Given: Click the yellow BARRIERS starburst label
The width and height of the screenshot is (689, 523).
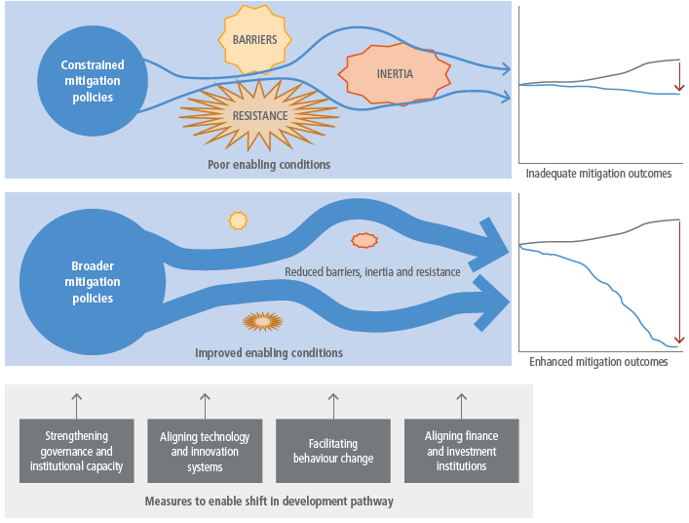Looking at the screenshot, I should [254, 40].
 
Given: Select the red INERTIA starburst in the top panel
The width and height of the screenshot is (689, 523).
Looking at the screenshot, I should [395, 74].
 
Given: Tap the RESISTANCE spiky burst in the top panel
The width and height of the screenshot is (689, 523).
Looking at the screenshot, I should [260, 115].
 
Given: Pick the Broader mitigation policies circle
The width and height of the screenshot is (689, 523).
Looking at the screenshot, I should [92, 283].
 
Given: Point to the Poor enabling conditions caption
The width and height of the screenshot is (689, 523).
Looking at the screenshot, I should [269, 164].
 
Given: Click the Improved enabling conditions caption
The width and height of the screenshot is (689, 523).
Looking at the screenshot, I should [269, 352].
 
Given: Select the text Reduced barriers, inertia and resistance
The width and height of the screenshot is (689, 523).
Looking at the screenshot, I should [372, 271].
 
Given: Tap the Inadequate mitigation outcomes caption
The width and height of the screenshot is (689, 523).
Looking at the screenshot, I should [598, 174].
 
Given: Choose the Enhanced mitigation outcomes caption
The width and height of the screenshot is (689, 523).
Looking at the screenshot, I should [598, 361].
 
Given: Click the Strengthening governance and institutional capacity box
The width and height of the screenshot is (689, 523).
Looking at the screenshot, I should [77, 451].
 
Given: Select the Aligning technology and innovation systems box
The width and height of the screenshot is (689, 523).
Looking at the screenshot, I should [205, 451].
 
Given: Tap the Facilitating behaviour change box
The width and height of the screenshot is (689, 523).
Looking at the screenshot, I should [333, 451].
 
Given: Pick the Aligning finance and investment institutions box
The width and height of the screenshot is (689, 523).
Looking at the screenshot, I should [461, 451].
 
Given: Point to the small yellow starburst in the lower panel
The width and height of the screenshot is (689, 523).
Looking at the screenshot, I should [238, 220].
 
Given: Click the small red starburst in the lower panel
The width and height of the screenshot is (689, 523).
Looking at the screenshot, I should [364, 239].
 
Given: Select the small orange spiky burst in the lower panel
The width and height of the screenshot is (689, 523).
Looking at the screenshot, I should [261, 320].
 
